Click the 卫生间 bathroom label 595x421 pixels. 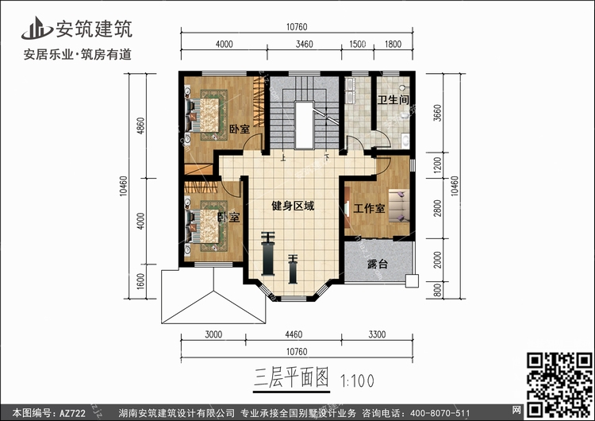tap(393, 100)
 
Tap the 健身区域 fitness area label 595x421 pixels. tap(293, 206)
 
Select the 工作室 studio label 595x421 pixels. tap(369, 208)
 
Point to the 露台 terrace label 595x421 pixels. tap(378, 264)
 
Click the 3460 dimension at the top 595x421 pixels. tap(305, 44)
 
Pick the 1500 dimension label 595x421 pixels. tap(358, 44)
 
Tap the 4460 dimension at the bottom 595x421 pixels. tap(294, 334)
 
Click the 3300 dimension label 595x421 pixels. tap(377, 334)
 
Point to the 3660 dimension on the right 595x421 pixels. tap(437, 113)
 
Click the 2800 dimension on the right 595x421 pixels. tap(437, 208)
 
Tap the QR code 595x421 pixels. tap(559, 385)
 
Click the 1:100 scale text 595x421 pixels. tap(357, 380)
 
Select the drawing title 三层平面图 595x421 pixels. tap(291, 377)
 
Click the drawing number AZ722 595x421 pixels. tap(72, 413)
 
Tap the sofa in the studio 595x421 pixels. tap(398, 206)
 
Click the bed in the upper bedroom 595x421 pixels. tap(202, 115)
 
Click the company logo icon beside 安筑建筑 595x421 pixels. tap(36, 29)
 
